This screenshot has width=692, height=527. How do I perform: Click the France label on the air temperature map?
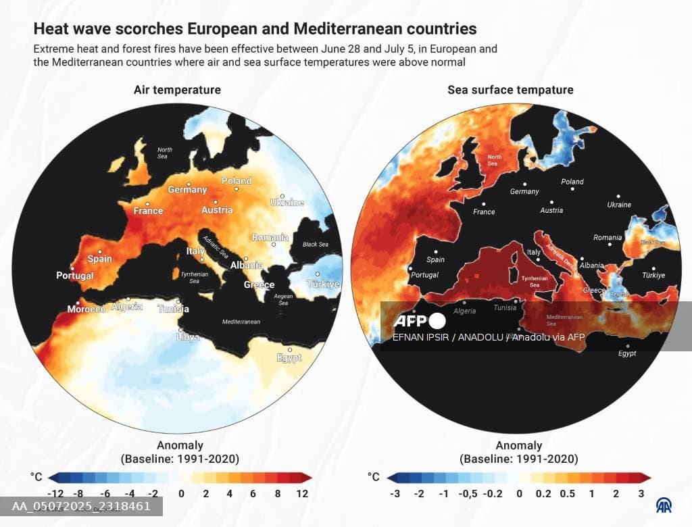(x=148, y=211)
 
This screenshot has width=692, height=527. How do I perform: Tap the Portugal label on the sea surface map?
(x=424, y=275)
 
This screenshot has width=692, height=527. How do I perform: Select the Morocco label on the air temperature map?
(x=86, y=309)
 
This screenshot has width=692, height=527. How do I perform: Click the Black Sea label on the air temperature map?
(x=315, y=245)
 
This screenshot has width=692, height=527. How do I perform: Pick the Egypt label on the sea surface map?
(x=627, y=353)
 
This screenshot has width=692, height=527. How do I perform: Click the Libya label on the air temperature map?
(x=188, y=336)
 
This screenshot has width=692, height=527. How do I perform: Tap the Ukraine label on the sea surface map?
(x=619, y=205)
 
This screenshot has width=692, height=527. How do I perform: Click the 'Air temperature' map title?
(x=177, y=90)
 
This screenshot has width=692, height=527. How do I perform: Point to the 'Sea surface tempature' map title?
(x=510, y=90)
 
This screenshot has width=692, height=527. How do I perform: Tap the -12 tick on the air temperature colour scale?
(x=57, y=494)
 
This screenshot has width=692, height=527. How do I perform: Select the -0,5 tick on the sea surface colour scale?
(x=468, y=494)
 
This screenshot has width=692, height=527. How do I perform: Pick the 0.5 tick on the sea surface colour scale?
(x=567, y=494)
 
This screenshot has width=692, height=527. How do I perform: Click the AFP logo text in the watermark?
(x=410, y=321)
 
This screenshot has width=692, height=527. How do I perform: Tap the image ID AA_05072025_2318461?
(x=81, y=506)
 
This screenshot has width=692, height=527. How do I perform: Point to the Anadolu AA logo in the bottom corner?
(x=664, y=505)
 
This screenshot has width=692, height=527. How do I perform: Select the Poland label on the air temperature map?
(x=237, y=181)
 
